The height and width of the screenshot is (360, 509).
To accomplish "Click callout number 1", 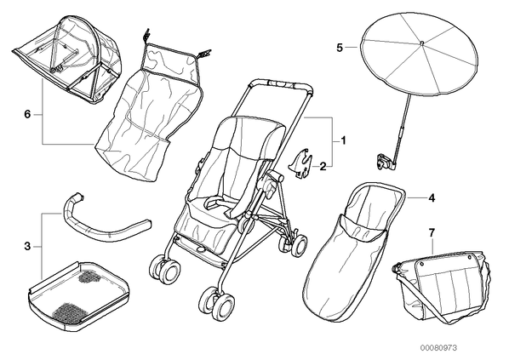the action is coord(343,140).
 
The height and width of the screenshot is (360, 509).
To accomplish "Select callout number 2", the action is coord(323,167).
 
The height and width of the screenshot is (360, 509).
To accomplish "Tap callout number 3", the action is coord(27,247).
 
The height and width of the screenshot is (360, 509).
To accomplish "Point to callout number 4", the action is coord(432,197).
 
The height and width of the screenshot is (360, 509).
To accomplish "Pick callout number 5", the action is coord(340,48).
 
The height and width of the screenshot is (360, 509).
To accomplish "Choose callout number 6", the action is coord(27,114).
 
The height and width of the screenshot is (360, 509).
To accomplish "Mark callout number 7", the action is coord(432,232).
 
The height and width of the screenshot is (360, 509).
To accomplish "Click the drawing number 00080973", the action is coord(439,348).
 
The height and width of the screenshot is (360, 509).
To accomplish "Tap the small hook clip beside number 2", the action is coord(300,163).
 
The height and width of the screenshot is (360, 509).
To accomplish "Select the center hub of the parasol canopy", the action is coord(421,43).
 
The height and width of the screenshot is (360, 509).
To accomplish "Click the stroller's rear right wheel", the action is coord(298,245).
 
